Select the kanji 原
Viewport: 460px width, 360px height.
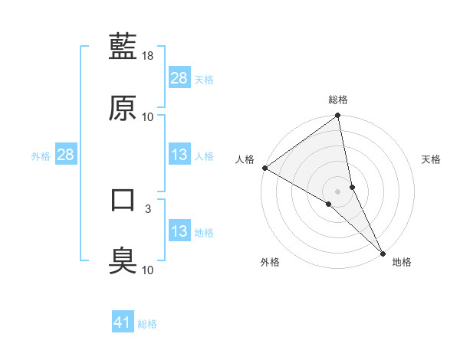tap(123, 107)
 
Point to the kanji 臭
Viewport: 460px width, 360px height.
tap(123, 260)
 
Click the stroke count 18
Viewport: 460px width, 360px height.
tap(149, 56)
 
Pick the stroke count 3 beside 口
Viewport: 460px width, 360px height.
tap(148, 208)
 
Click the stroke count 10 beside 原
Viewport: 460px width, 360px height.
tap(148, 117)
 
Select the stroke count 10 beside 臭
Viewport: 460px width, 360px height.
tap(148, 270)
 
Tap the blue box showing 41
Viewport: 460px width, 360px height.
tap(123, 322)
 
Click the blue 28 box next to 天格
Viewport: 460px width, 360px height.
tap(179, 77)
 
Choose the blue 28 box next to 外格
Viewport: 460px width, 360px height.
tap(65, 155)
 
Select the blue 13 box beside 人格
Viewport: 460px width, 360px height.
tap(179, 155)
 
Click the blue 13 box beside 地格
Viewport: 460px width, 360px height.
tap(179, 231)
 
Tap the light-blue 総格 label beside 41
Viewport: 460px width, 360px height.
tap(148, 324)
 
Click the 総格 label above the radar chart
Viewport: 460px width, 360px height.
tap(338, 100)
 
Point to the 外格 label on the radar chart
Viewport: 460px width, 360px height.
tap(270, 262)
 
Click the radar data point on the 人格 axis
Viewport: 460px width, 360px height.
tap(264, 168)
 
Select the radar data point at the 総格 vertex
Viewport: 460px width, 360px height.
tap(338, 116)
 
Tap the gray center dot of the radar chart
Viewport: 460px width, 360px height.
tap(338, 191)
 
